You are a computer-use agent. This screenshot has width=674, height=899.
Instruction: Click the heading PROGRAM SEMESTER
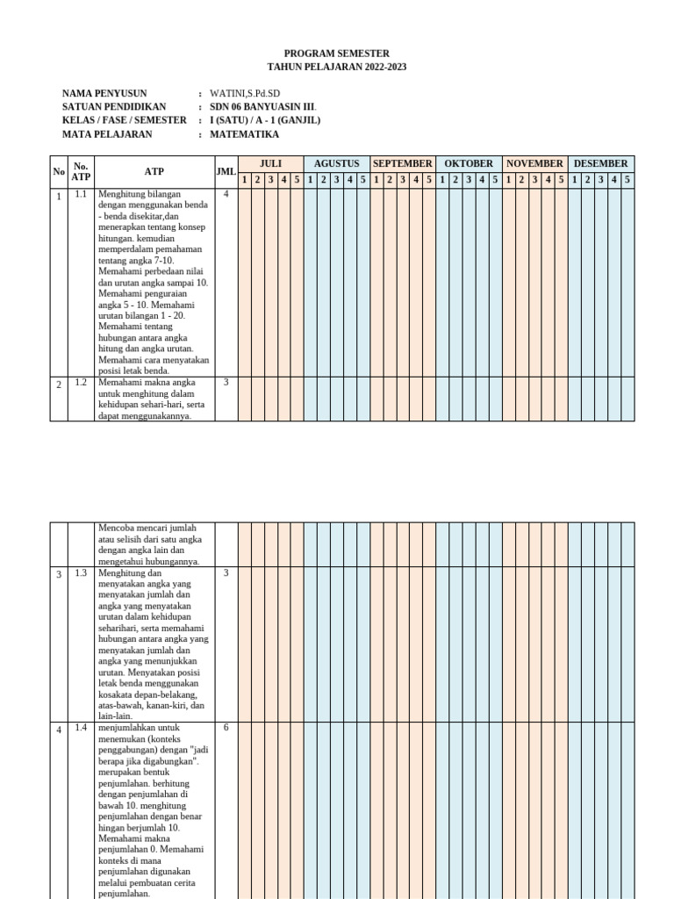(x=337, y=54)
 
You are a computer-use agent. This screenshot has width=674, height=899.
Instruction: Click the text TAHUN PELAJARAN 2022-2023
(x=337, y=68)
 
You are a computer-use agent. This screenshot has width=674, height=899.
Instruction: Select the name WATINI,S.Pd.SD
(x=245, y=93)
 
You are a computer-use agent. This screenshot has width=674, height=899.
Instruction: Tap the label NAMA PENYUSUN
(x=104, y=93)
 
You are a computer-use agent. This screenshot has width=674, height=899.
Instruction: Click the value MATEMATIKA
(x=245, y=134)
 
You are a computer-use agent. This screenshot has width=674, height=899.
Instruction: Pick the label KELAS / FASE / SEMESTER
(x=124, y=120)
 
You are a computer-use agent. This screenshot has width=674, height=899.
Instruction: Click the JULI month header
(x=271, y=163)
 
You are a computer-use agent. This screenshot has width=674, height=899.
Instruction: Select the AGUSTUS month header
(x=337, y=163)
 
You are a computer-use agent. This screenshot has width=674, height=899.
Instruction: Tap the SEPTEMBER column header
(x=403, y=163)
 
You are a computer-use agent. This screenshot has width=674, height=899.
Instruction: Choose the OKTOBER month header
(x=469, y=163)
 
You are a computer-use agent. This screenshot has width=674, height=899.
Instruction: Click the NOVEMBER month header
(x=534, y=163)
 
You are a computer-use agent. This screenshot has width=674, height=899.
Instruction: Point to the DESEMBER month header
(x=601, y=163)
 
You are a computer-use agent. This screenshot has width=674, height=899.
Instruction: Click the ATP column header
(x=154, y=172)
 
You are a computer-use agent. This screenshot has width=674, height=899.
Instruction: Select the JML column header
(x=226, y=172)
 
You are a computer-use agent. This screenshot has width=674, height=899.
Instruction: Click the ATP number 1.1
(x=81, y=194)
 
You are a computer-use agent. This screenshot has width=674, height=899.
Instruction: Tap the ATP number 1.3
(x=81, y=572)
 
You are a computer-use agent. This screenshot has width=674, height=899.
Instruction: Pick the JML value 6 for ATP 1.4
(x=226, y=727)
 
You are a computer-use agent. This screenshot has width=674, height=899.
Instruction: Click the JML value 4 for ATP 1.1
(x=226, y=194)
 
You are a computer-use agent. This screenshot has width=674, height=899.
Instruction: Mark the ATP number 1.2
(x=81, y=382)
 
